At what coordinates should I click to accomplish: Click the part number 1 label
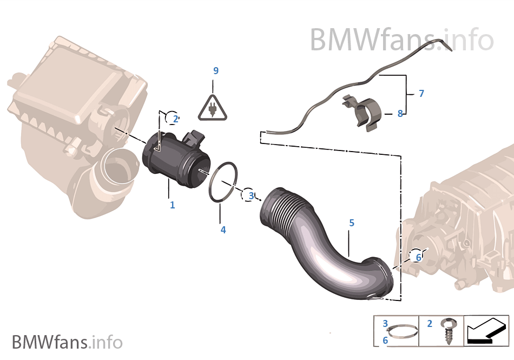tap(173, 205)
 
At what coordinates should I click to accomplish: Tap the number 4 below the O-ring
tap(223, 230)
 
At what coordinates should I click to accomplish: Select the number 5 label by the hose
tap(352, 222)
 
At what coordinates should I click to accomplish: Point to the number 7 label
tap(421, 94)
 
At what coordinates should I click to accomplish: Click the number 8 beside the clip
tap(400, 114)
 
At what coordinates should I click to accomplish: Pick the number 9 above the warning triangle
tap(216, 71)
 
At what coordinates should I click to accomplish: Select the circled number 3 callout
tap(249, 195)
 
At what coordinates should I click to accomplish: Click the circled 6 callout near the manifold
tap(417, 257)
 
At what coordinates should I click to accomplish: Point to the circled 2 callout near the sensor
tap(173, 118)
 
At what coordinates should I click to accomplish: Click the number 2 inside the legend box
tap(430, 324)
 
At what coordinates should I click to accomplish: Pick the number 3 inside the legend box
tap(385, 324)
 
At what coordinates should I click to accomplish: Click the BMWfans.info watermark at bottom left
tap(67, 342)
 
